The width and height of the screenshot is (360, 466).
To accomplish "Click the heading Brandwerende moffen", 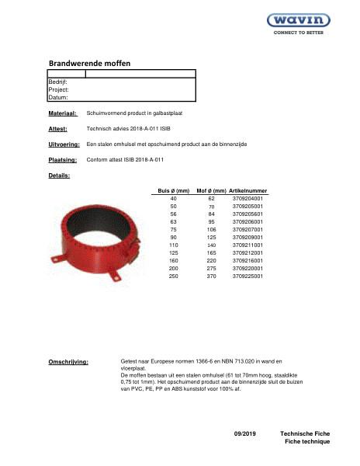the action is [x=89, y=63].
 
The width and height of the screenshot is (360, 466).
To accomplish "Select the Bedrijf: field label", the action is [x=58, y=82].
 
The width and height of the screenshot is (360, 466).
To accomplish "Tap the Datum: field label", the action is [x=58, y=98].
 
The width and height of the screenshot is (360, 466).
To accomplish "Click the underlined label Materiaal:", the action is [x=62, y=113].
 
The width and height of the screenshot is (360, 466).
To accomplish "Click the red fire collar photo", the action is [x=95, y=233].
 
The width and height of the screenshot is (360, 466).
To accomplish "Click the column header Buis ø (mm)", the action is [x=174, y=191].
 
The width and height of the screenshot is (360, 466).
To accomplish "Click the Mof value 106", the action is [x=211, y=230].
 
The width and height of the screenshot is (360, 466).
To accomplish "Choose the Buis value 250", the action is [x=174, y=276].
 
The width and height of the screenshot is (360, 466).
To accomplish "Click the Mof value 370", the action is [x=211, y=276].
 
